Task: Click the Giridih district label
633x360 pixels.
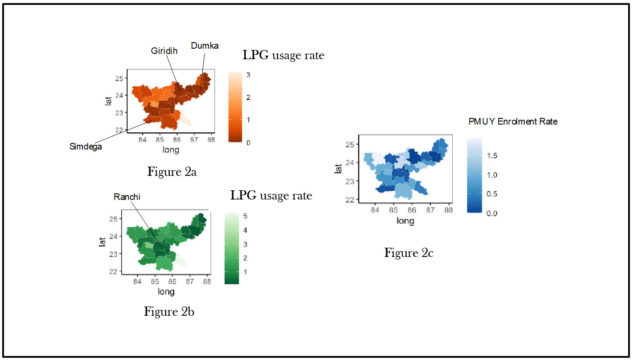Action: click(x=165, y=51)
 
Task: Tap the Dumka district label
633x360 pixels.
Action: click(x=204, y=46)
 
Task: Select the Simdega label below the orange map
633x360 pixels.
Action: click(x=86, y=146)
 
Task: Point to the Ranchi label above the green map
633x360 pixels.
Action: click(x=127, y=197)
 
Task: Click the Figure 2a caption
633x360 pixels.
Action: click(x=172, y=171)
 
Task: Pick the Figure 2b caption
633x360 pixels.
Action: click(x=169, y=311)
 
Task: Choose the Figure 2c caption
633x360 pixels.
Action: click(x=409, y=253)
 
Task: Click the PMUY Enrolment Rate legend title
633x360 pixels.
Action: click(x=513, y=122)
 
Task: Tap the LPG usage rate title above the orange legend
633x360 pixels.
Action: click(x=283, y=56)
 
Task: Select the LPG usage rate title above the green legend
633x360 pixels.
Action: click(x=271, y=195)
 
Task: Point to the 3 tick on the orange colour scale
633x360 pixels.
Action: click(x=248, y=75)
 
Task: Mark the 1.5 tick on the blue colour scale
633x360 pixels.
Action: click(x=493, y=156)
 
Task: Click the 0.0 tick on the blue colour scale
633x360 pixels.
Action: click(x=493, y=214)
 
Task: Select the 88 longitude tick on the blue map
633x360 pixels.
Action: click(x=448, y=210)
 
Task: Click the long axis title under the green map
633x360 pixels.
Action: click(x=166, y=292)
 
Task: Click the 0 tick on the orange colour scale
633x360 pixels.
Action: click(x=248, y=143)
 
